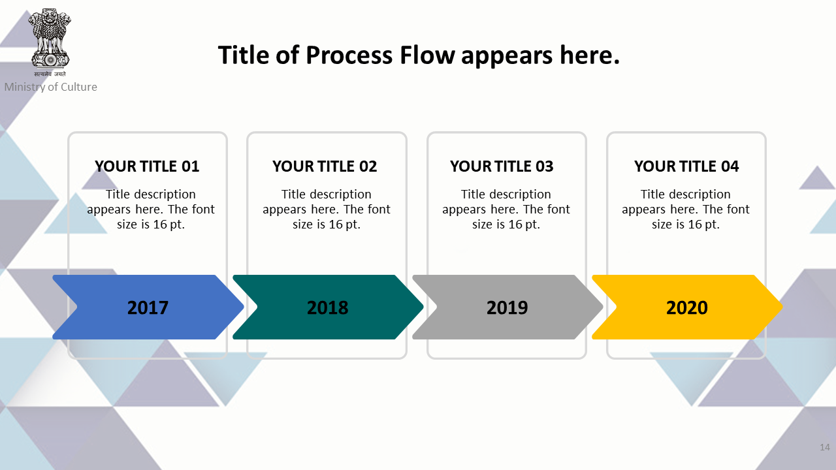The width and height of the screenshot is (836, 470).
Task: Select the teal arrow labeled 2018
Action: [x=328, y=307]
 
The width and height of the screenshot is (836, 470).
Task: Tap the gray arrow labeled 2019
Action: [x=507, y=307]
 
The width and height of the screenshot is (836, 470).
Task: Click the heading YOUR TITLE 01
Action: [x=147, y=166]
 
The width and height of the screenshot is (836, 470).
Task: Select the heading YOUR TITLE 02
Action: [x=325, y=166]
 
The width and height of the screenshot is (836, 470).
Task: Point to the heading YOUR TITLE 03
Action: [x=502, y=166]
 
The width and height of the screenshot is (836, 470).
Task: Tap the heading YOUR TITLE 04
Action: [x=686, y=166]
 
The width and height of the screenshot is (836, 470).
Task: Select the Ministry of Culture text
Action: [x=51, y=87]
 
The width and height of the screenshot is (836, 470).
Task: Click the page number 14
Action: [x=825, y=447]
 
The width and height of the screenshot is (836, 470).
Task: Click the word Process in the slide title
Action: [x=349, y=55]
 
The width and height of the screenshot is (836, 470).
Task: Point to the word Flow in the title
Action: [x=427, y=55]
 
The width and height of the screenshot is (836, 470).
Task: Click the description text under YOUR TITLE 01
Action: [x=151, y=210]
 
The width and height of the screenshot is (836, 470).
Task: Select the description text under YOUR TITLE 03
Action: [x=506, y=210]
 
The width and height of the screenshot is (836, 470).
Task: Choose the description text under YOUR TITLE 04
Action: [x=686, y=210]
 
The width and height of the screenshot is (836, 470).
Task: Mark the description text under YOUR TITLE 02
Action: [x=327, y=210]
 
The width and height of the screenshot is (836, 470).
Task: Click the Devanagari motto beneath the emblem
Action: [x=50, y=74]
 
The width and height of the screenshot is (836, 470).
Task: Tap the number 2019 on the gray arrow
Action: [x=507, y=307]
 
